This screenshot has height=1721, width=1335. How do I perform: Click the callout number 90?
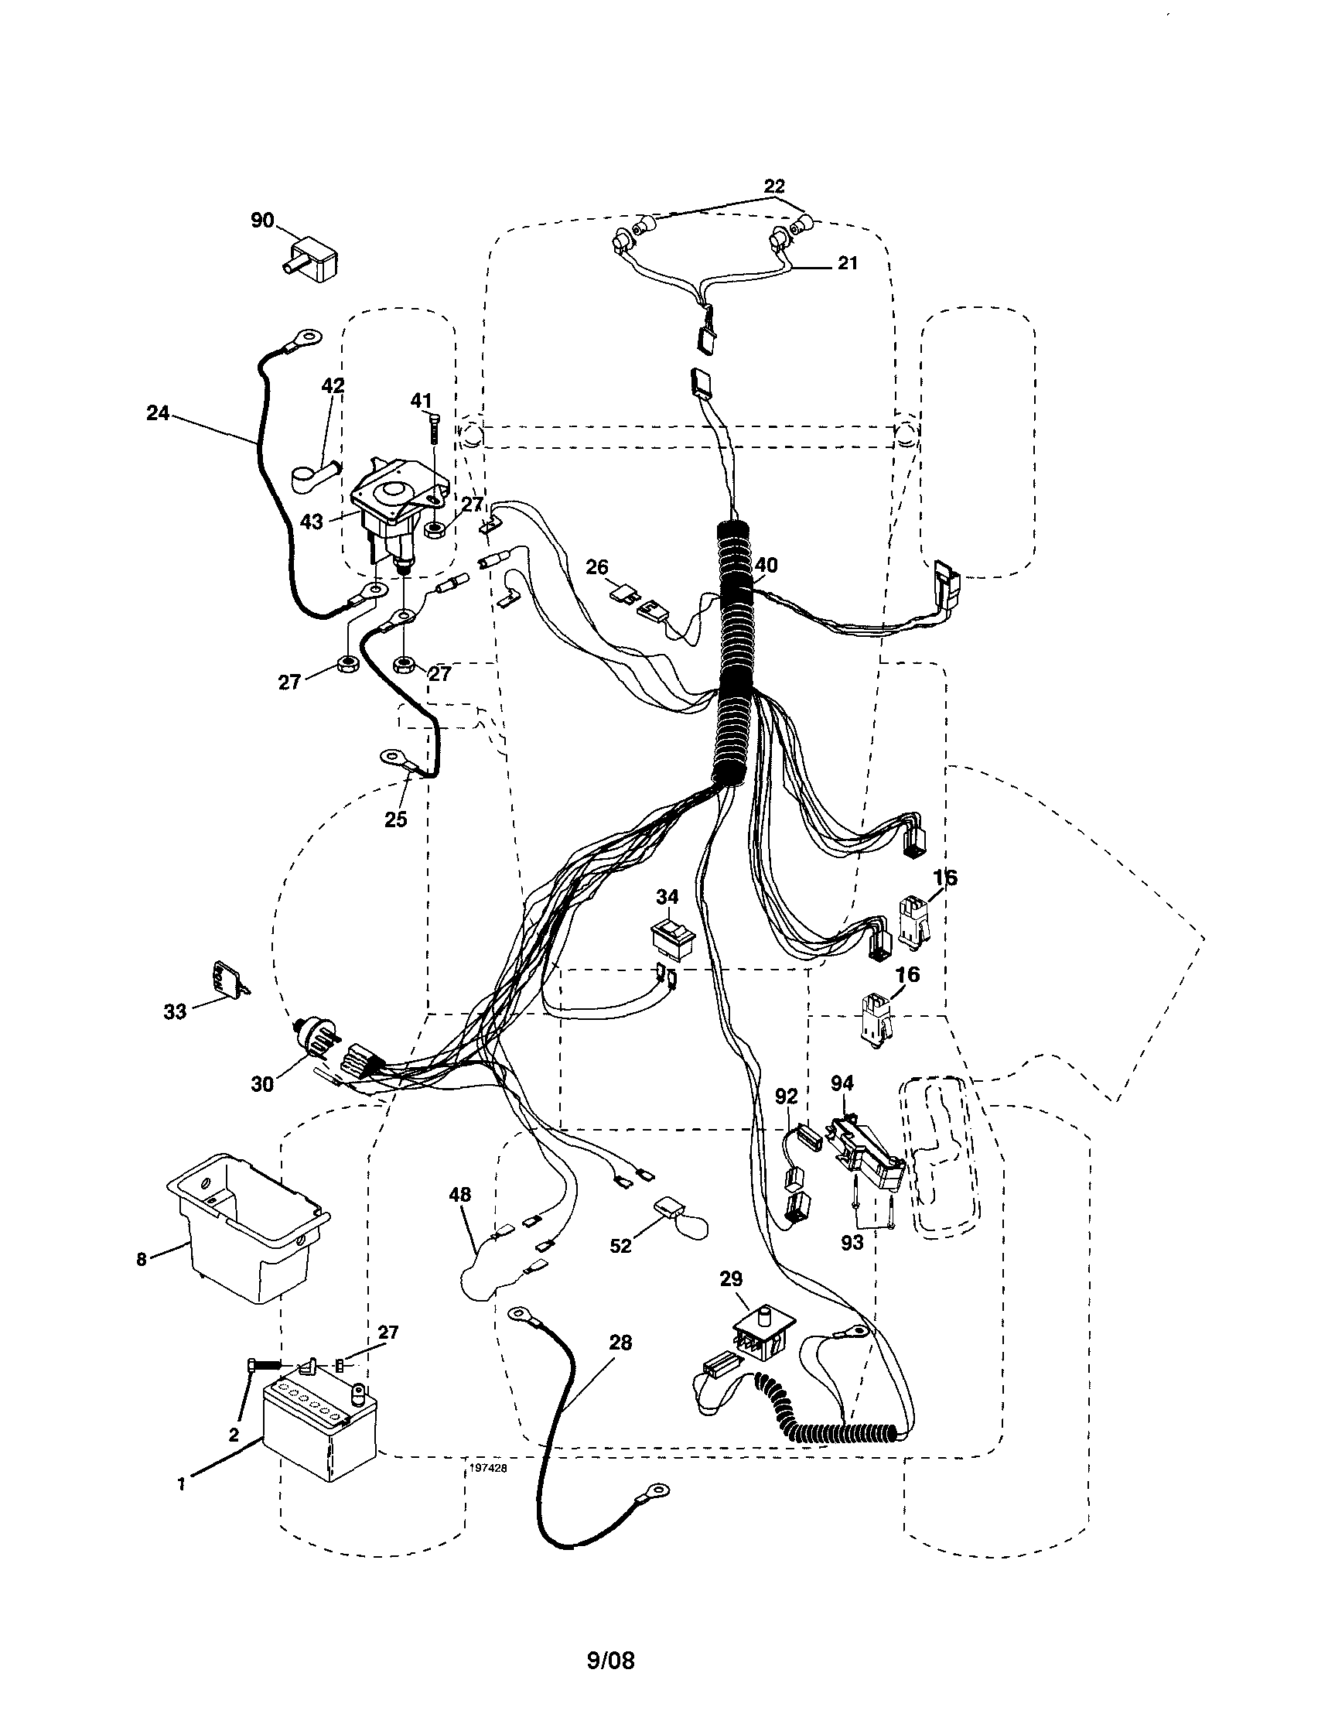click(262, 220)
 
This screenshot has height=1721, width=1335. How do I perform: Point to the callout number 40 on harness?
click(766, 564)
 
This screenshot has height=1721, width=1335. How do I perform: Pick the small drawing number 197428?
click(487, 1468)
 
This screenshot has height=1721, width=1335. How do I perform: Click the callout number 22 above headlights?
click(774, 186)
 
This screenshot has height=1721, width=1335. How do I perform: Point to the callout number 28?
click(620, 1342)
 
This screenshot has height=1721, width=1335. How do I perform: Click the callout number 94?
click(842, 1084)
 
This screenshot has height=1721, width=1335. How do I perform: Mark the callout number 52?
click(620, 1245)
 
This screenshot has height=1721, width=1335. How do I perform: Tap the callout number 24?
click(158, 412)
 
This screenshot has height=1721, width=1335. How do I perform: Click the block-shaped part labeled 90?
click(311, 259)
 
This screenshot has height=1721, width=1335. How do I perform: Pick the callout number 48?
click(460, 1195)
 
